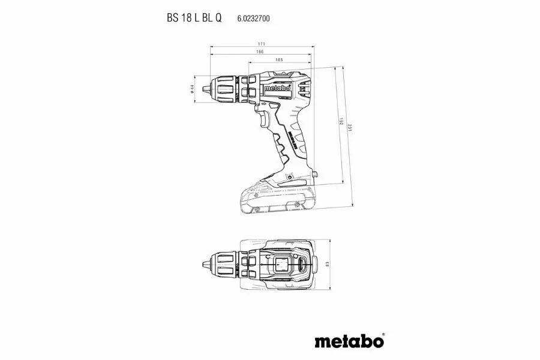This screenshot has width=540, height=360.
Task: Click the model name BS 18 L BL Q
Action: tap(194, 18)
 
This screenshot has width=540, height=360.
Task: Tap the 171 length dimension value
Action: tap(262, 44)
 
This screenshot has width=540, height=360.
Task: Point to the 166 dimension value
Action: tap(259, 53)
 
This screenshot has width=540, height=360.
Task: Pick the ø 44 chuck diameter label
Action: tap(191, 88)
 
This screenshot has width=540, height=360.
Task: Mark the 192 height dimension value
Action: tap(340, 123)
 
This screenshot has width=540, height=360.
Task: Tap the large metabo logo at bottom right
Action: tap(349, 341)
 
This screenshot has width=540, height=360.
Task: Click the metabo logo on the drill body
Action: tap(277, 88)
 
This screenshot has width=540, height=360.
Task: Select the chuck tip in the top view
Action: tap(206, 262)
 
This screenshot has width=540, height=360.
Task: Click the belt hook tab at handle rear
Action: tap(314, 175)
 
